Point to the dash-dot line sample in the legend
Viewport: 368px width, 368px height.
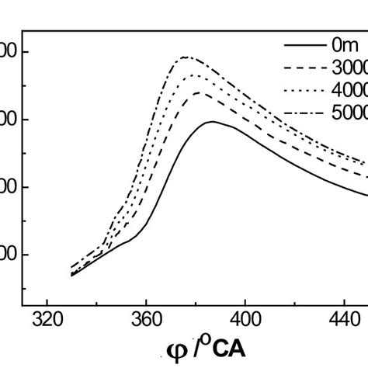(306, 113)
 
